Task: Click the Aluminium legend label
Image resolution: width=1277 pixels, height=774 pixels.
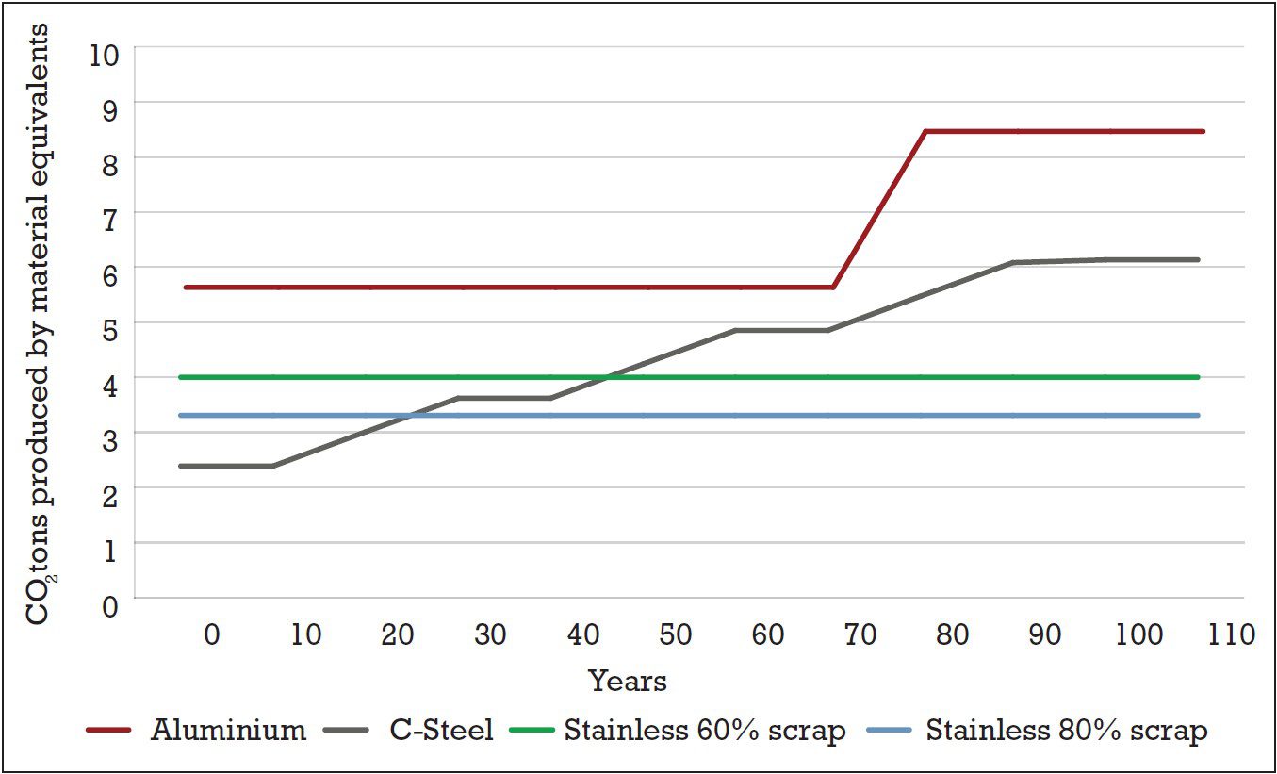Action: click(x=228, y=731)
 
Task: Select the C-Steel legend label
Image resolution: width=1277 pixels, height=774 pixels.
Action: click(x=441, y=731)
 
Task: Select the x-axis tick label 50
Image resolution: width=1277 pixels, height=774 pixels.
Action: click(x=676, y=634)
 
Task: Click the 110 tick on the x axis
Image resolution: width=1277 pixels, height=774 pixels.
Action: click(x=1233, y=634)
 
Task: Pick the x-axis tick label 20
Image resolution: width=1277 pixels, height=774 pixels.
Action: click(x=398, y=634)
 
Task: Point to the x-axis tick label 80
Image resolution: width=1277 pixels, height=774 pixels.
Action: click(x=953, y=634)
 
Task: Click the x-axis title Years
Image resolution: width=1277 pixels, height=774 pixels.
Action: click(x=628, y=681)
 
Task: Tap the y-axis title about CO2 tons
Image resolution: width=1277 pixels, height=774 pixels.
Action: click(x=39, y=324)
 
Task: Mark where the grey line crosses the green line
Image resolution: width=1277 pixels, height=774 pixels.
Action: click(x=606, y=377)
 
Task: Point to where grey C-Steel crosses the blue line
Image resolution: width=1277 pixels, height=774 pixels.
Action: click(x=407, y=415)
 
